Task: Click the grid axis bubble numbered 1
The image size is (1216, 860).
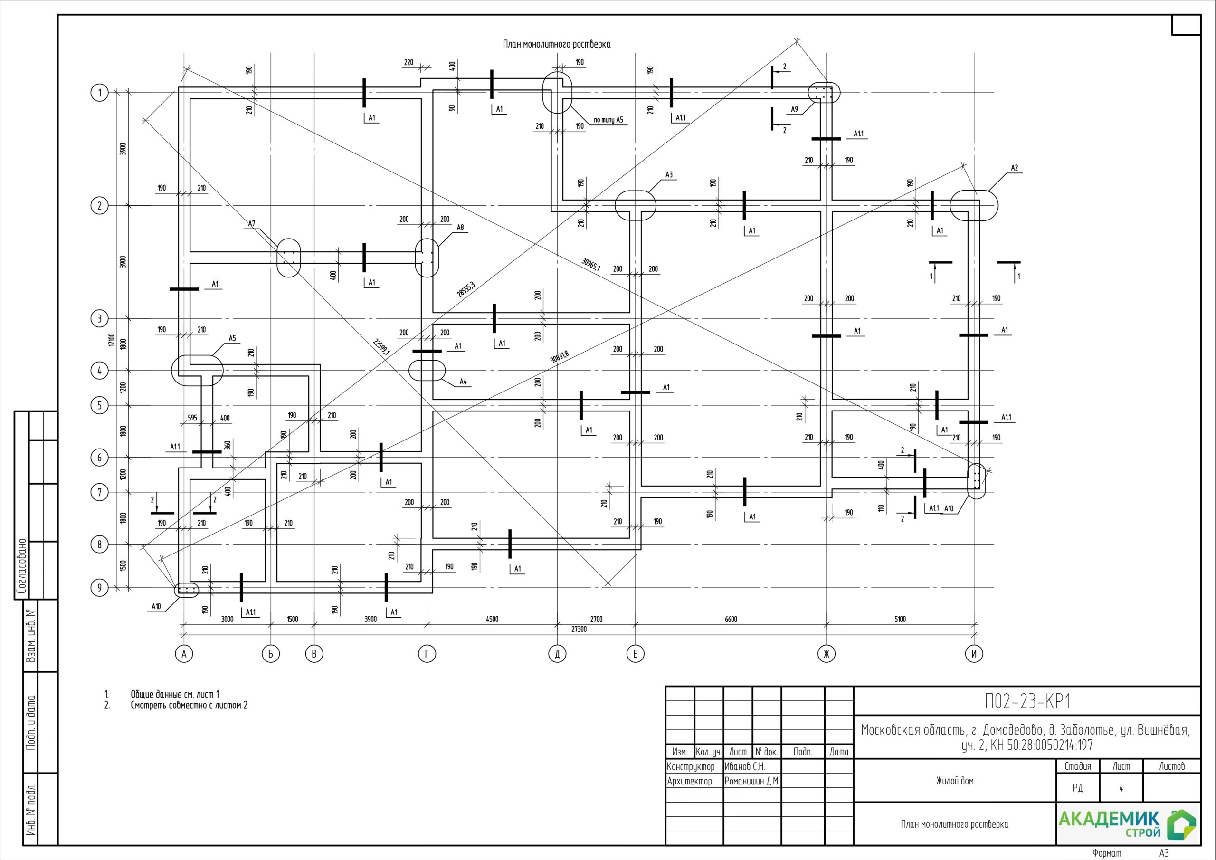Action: click(99, 93)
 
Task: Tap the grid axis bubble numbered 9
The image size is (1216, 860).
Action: click(99, 588)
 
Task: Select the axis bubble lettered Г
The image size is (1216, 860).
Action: click(427, 654)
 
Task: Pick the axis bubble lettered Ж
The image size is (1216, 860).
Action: click(826, 654)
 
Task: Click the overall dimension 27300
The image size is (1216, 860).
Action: click(579, 629)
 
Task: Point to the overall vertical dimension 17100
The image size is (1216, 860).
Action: click(111, 340)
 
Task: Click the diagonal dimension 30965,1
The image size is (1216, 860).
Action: click(591, 264)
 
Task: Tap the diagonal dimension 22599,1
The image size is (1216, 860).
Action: click(381, 347)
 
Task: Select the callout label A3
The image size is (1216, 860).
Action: click(669, 175)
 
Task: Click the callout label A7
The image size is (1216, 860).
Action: click(252, 224)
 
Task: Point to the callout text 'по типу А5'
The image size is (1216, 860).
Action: click(608, 120)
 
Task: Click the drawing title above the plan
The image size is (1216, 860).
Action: click(556, 45)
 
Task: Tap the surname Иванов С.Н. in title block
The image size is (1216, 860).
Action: click(745, 767)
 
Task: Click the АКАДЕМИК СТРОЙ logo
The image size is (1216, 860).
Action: click(1127, 824)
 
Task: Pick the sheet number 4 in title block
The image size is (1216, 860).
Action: click(1121, 788)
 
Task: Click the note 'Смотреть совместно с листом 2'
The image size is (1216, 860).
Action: click(189, 705)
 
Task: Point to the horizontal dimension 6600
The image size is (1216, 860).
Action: click(731, 619)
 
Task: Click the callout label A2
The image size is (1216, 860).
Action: click(1014, 168)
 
